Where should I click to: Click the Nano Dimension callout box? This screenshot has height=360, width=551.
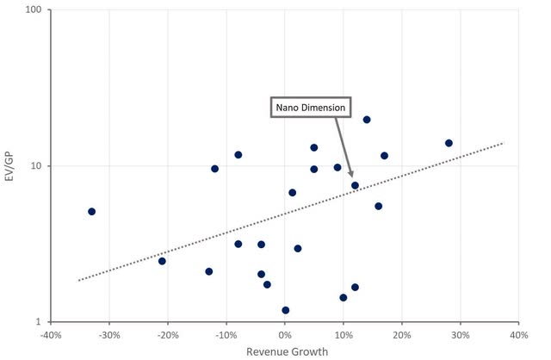[310, 108]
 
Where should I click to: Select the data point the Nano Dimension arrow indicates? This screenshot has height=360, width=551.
[355, 185]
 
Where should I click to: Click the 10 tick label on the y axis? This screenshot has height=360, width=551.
[39, 165]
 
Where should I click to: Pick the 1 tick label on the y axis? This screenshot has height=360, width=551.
[41, 321]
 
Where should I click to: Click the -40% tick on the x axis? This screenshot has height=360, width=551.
[51, 334]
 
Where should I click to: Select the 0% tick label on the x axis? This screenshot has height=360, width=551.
[285, 334]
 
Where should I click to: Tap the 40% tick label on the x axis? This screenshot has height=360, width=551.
[518, 334]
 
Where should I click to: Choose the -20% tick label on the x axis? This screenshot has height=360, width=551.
[168, 334]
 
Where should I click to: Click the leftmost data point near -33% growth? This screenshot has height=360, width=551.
[91, 211]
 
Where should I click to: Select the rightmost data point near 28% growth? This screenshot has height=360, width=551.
[449, 143]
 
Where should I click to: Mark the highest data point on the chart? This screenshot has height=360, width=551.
[367, 120]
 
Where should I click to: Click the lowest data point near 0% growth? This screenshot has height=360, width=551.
[285, 310]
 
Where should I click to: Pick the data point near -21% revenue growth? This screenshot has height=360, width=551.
[162, 261]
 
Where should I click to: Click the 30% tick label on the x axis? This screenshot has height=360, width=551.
[460, 334]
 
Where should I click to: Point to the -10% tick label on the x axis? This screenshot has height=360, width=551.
[226, 334]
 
